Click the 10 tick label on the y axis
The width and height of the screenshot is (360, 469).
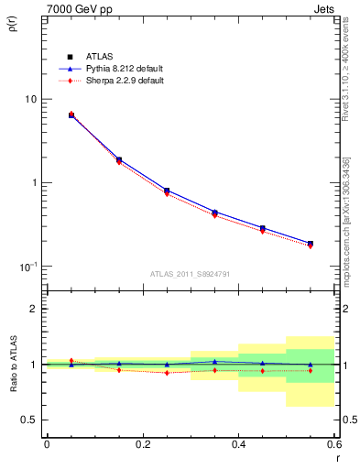(30, 99)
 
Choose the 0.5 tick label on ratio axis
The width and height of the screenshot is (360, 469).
(28, 420)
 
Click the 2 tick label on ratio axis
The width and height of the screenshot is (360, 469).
(33, 309)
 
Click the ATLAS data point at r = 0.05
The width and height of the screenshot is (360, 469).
(71, 115)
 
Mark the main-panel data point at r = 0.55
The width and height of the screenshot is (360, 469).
(311, 244)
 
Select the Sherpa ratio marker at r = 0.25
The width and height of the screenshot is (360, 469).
(167, 373)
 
